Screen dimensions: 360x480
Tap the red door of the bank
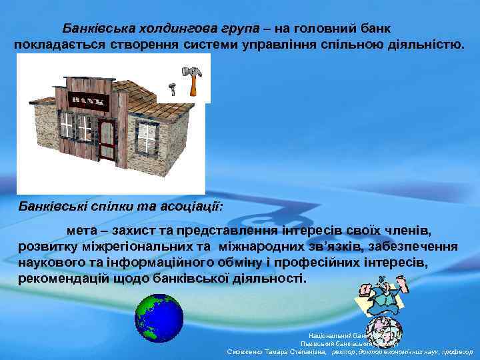(106, 139)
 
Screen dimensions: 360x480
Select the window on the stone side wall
(145, 137)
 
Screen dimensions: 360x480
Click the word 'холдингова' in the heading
(178, 29)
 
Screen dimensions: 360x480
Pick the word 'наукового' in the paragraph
(53, 261)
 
